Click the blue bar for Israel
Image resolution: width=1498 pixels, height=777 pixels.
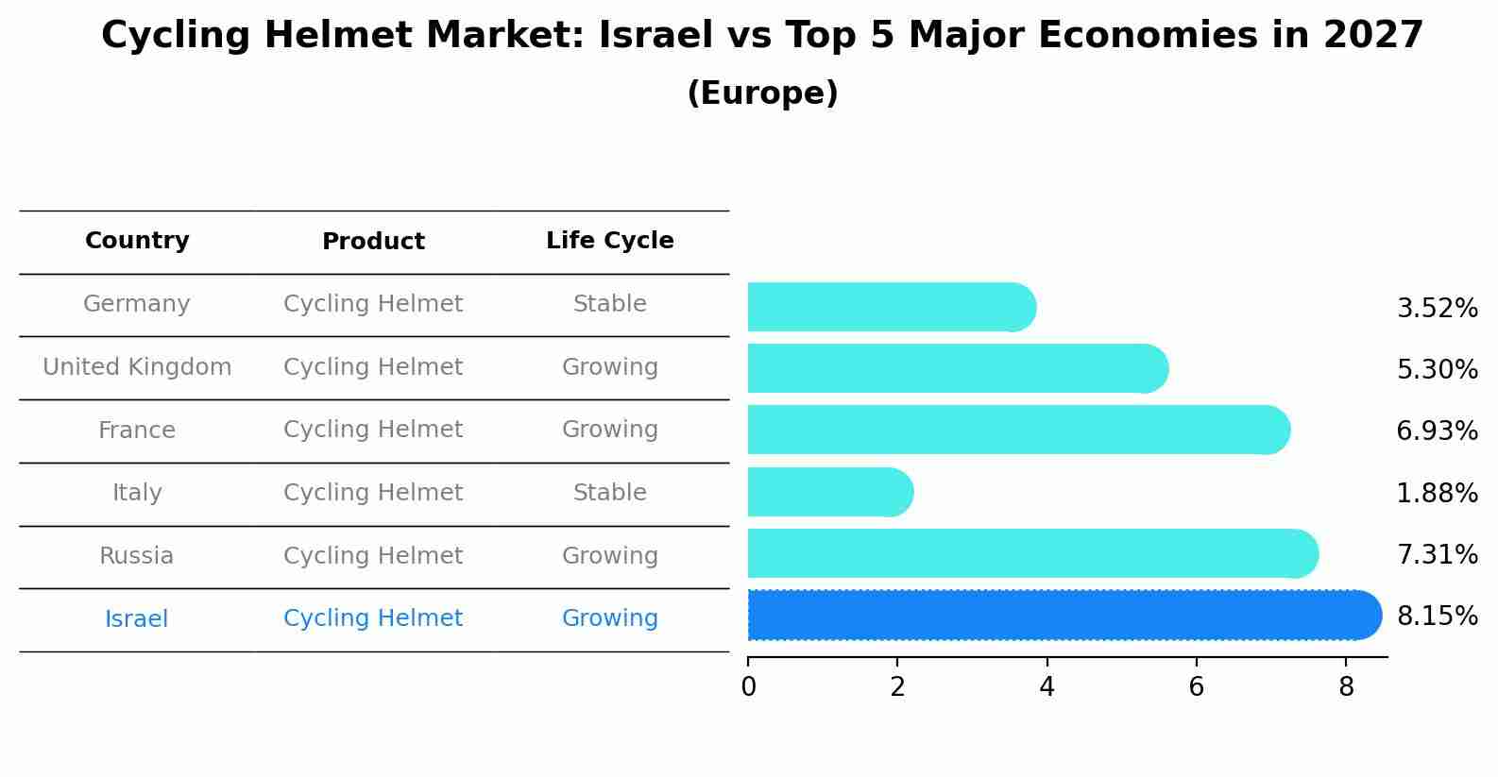[1063, 615]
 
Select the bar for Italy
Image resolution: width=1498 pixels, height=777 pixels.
[829, 492]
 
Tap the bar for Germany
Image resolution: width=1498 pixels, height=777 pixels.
[891, 307]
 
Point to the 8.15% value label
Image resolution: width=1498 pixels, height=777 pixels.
[1437, 617]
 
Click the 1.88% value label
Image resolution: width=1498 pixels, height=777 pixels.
[1437, 493]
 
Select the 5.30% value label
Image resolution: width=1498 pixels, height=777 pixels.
[1437, 370]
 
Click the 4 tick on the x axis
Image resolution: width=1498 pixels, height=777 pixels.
[1047, 687]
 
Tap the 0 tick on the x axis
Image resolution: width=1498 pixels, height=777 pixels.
[748, 687]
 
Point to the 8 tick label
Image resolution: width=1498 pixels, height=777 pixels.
[1346, 687]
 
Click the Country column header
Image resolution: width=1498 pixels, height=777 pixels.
[137, 241]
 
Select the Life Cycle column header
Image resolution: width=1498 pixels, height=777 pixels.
[609, 241]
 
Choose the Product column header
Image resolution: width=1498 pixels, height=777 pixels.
[373, 242]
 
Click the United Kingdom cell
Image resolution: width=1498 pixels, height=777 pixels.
[137, 367]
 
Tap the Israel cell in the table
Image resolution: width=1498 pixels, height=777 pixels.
[137, 619]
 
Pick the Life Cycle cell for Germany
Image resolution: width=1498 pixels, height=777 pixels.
[609, 304]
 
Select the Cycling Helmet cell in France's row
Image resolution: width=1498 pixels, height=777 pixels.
[373, 430]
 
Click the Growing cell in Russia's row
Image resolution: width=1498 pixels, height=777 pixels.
[609, 556]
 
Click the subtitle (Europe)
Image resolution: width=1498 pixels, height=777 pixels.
[762, 93]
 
